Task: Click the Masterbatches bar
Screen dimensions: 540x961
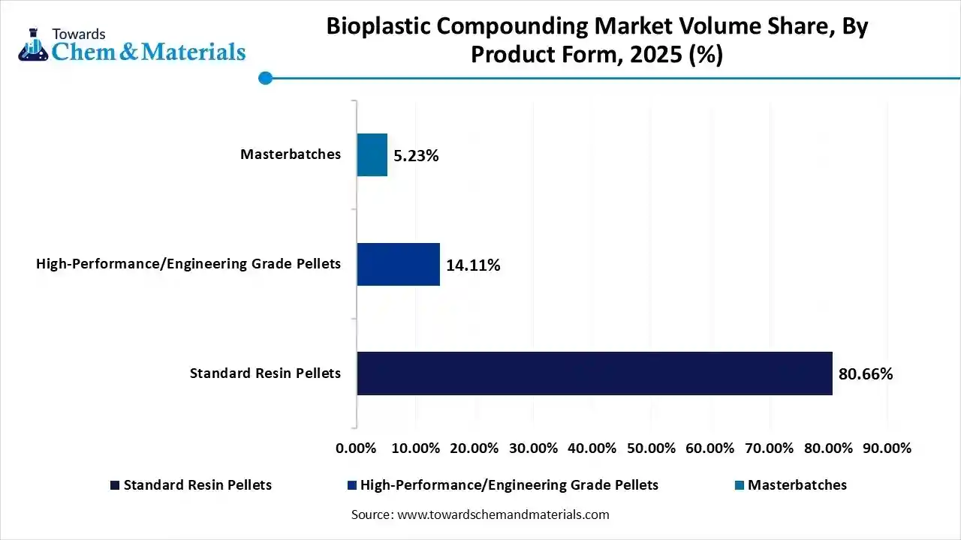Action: tap(372, 155)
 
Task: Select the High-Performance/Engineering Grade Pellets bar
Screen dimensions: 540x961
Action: tap(398, 264)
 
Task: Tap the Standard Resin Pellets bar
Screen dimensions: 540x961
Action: tap(594, 373)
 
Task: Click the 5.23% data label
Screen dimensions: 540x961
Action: tap(416, 156)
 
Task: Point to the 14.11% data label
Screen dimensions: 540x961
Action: tap(473, 265)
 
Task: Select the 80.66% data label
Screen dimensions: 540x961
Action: tap(866, 373)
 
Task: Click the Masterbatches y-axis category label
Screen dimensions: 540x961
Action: tap(290, 154)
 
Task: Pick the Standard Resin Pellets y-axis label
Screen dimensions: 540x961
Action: tap(265, 373)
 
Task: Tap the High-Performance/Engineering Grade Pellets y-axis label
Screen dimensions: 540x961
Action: tap(188, 263)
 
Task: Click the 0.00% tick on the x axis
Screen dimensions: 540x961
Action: tap(357, 448)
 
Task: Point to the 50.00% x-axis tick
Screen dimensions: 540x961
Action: tap(651, 448)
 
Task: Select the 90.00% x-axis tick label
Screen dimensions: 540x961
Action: tap(887, 448)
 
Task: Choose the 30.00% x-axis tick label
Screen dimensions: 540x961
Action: tap(533, 448)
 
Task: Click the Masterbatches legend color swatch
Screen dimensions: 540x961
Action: tap(740, 485)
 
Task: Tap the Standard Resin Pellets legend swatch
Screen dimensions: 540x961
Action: tap(115, 485)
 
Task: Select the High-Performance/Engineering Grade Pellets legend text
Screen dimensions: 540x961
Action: tap(509, 485)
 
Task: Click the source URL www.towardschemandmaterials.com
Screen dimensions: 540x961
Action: tap(502, 514)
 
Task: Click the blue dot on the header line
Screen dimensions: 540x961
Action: tap(264, 77)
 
